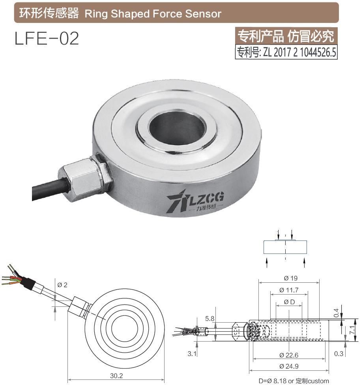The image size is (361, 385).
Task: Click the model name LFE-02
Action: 47,38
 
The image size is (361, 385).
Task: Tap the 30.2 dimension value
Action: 116,375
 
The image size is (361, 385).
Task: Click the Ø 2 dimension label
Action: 62,285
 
